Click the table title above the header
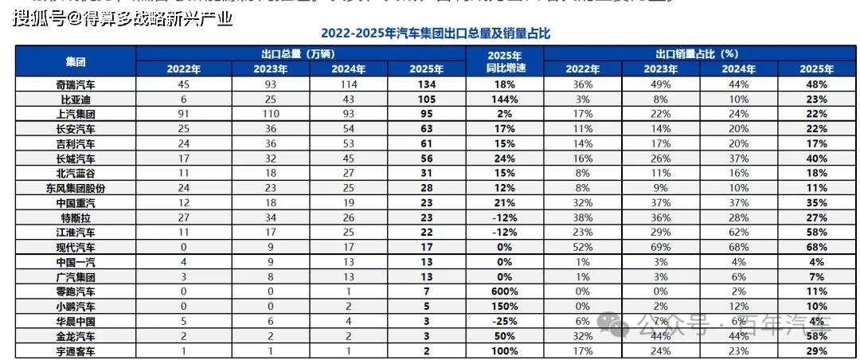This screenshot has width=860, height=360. click(435, 34)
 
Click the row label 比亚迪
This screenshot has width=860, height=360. click(76, 100)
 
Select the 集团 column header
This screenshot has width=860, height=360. click(76, 61)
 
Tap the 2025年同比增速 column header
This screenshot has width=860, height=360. click(505, 61)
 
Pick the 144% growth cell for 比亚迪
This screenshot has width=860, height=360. click(505, 100)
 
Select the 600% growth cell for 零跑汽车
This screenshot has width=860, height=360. click(505, 292)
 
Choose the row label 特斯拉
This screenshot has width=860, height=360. click(76, 217)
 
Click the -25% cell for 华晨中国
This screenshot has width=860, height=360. click(505, 321)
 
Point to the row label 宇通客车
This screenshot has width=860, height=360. click(76, 351)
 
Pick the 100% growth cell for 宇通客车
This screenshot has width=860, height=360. click(505, 351)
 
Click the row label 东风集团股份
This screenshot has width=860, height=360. click(76, 188)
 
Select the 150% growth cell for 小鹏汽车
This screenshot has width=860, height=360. click(505, 307)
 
